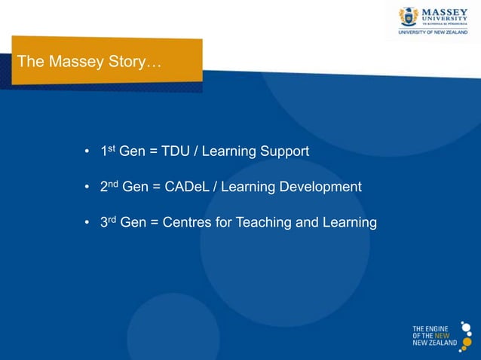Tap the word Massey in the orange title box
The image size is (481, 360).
[x=75, y=62]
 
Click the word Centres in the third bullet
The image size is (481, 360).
[x=185, y=222]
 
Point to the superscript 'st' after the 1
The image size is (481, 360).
[x=112, y=148]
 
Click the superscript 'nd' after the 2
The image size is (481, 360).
[x=113, y=184]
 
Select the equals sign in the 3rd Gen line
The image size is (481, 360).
[x=155, y=223]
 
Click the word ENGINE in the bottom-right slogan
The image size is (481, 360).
[x=437, y=328]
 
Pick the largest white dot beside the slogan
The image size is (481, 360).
[x=466, y=329]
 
